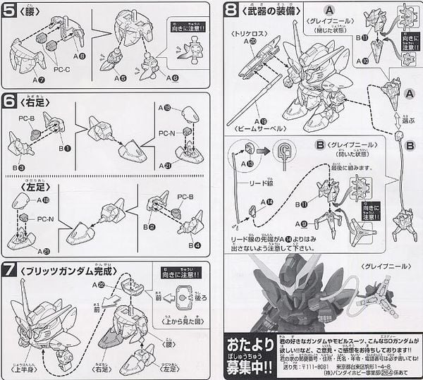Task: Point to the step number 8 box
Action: pyautogui.click(x=232, y=11)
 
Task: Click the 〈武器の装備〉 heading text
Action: pyautogui.click(x=269, y=11)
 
